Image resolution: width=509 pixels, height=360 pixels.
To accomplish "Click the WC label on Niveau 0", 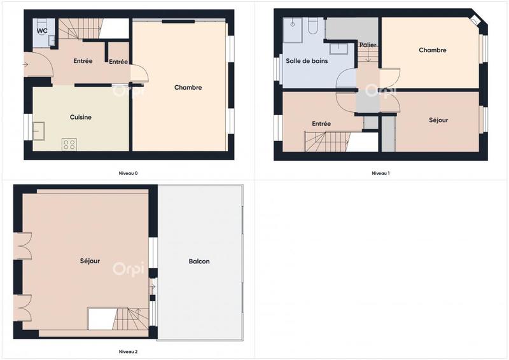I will click(x=41, y=30).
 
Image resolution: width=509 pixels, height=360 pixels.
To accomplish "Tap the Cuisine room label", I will click(x=81, y=116).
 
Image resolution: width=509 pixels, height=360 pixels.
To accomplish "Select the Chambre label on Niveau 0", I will click(x=188, y=88).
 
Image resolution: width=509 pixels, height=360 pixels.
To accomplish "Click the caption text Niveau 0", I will click(x=128, y=173).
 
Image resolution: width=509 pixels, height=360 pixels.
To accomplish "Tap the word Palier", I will click(x=368, y=45).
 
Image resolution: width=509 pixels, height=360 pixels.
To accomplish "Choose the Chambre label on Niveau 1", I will click(x=433, y=50).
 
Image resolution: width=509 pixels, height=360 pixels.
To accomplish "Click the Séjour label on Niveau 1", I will click(x=438, y=120).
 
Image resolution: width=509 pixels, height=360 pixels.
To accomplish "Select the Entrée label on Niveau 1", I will click(x=321, y=124).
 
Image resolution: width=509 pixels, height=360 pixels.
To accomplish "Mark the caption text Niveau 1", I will click(x=380, y=173).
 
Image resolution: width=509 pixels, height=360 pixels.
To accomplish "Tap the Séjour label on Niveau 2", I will click(x=90, y=261).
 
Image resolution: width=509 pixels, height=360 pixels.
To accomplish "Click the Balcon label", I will click(x=199, y=261).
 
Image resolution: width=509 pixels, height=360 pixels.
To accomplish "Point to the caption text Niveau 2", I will click(x=128, y=351).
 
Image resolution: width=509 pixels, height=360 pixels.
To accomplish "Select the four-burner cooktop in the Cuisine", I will click(x=69, y=144).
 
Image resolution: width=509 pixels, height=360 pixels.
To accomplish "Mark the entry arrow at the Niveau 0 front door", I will click(x=26, y=64).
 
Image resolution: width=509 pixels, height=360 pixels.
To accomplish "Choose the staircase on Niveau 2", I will click(x=130, y=318).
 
